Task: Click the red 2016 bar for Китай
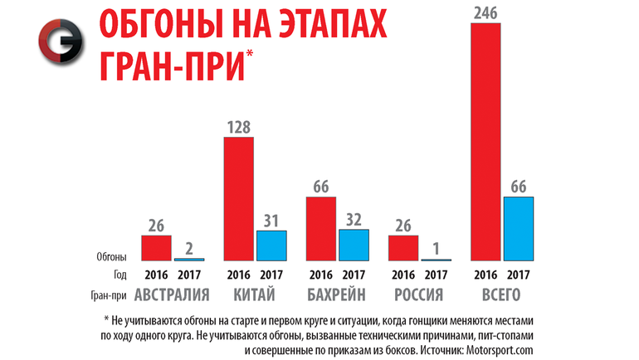coord(239,199)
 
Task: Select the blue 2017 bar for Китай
coord(271,246)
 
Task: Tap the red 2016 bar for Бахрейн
coord(321,229)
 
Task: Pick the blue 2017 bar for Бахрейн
coord(354,245)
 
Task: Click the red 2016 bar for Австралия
coord(156,248)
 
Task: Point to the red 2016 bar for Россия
coord(403,248)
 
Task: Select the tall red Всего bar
coord(485,141)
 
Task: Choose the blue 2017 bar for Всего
coord(518,229)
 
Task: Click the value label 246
coord(485,12)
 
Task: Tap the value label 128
coord(239,127)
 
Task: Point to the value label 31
coord(271,221)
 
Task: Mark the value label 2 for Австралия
coord(189,248)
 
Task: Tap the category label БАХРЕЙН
coord(338,294)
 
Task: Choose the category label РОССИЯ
coord(420,294)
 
